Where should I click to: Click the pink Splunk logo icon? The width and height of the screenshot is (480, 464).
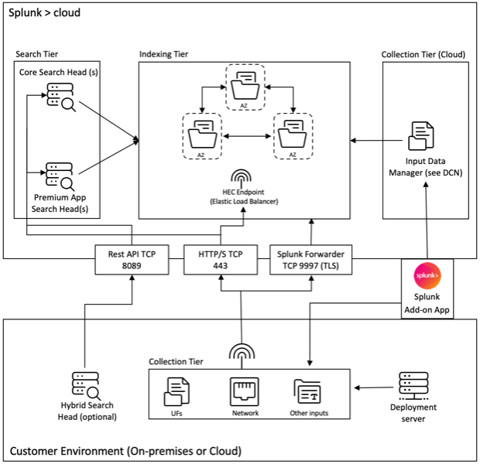pos(427,275)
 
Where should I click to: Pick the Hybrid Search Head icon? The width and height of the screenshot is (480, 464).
pos(85,384)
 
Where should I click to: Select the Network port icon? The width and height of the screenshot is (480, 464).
pos(243,391)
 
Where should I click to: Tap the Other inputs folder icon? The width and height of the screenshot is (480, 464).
pos(308,391)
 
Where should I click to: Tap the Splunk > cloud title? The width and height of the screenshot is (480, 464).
pos(44,13)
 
